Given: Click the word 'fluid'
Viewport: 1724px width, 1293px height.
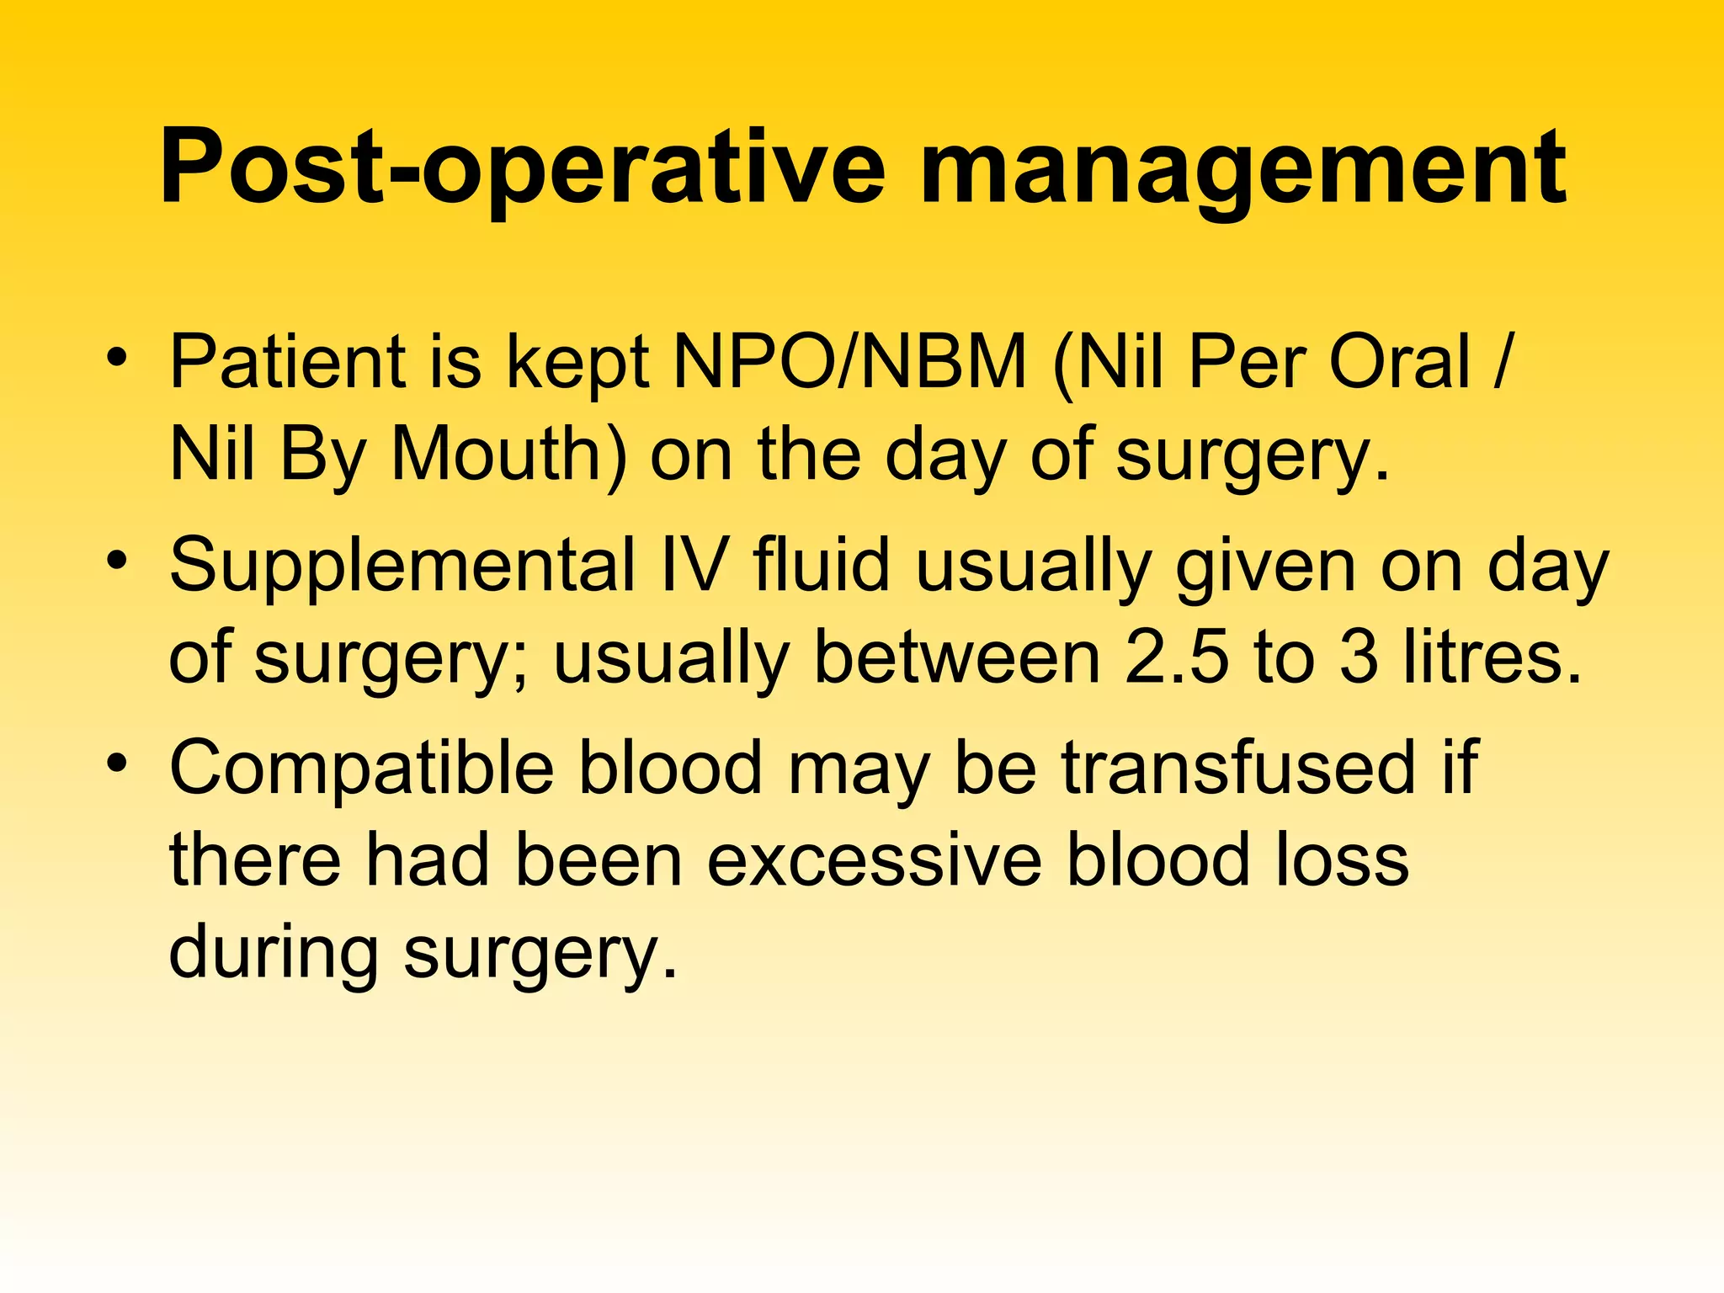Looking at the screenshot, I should [x=822, y=566].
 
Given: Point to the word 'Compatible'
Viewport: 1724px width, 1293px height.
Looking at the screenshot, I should [x=362, y=768].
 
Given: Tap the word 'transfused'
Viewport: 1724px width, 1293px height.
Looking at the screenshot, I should [x=1238, y=768].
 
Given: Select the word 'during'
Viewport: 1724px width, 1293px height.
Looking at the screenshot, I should [x=274, y=953].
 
